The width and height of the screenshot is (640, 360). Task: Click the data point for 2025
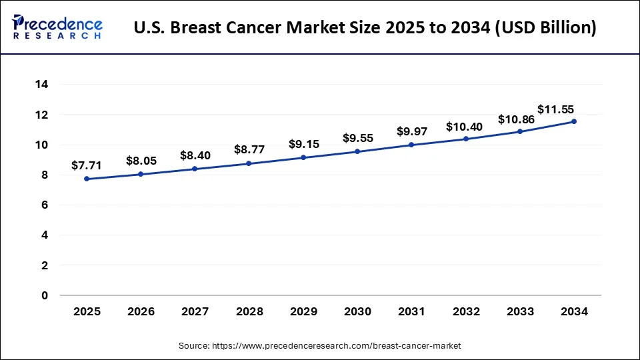pos(87,179)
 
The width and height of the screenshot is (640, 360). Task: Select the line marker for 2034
pos(574,121)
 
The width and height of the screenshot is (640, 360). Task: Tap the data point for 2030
pos(357,151)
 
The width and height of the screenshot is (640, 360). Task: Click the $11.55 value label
pos(556,109)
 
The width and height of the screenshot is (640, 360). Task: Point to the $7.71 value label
pos(87,165)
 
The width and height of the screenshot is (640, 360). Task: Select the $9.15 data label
pos(303,144)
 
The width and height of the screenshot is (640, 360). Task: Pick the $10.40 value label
pos(466,125)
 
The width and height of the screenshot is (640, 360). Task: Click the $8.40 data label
pos(195,155)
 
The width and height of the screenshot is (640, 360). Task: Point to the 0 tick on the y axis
pos(45,295)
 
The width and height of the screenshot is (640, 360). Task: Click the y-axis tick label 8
pos(45,175)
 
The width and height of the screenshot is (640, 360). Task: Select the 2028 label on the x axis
pos(249,311)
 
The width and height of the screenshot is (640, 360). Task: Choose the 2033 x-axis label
pos(520,311)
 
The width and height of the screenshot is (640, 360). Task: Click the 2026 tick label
pos(141,311)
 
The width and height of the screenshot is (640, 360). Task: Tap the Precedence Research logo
pos(57,27)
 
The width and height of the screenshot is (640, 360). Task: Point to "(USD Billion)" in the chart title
pos(543,28)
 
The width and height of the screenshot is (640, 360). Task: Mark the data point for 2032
pos(466,139)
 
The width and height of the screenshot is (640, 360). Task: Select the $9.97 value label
pos(412,131)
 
